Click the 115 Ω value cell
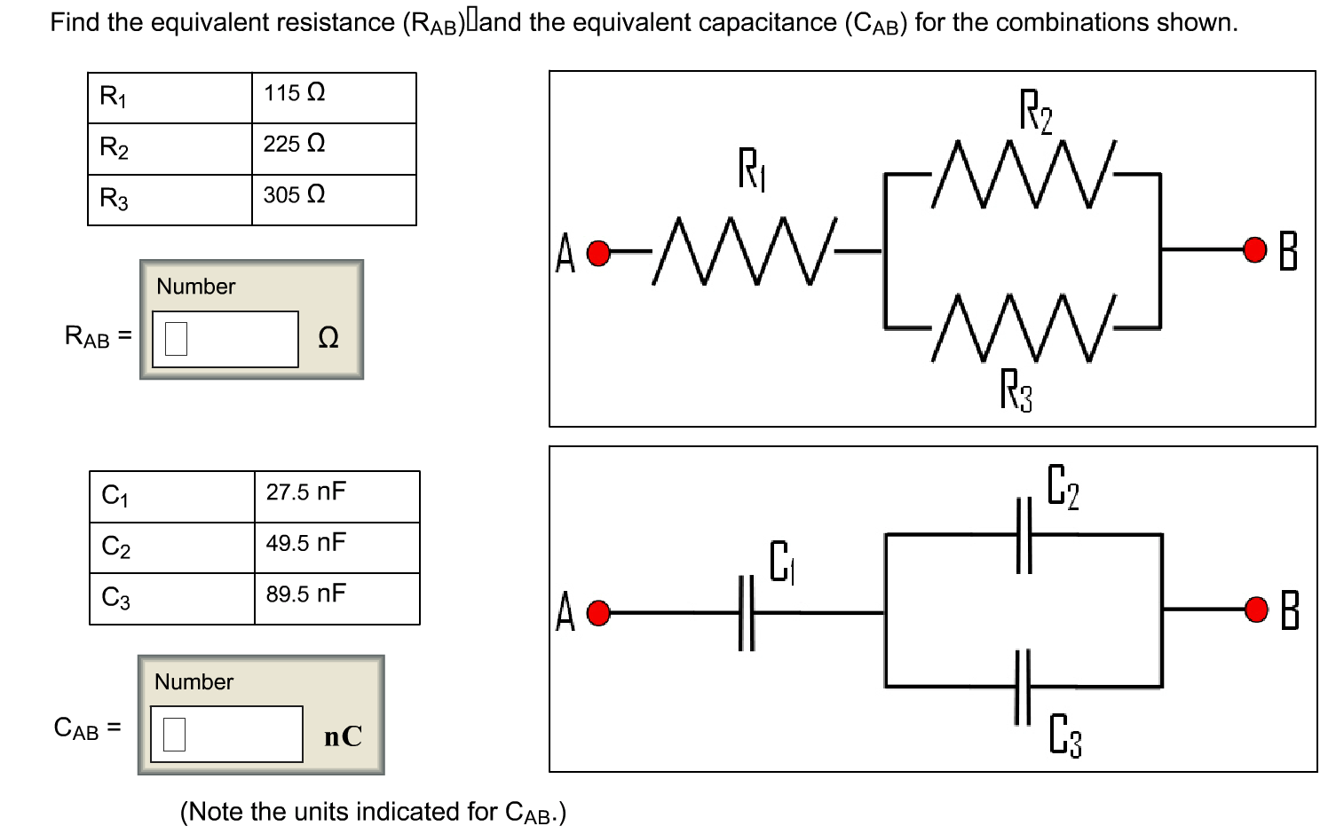tap(333, 98)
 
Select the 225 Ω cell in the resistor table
tap(333, 148)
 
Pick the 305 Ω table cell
tap(333, 200)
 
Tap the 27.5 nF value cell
tap(336, 496)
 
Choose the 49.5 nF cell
tap(336, 547)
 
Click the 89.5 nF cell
tap(336, 599)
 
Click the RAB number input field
tap(225, 338)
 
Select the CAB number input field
tap(226, 734)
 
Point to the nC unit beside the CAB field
tap(343, 736)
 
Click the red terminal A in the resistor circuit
tap(599, 254)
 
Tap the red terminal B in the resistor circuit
tap(1254, 250)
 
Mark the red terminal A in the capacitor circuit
tap(599, 613)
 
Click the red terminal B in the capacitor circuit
tap(1256, 610)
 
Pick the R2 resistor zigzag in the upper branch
tap(1024, 174)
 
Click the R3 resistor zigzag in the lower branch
tap(1024, 328)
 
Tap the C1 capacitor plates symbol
tap(746, 612)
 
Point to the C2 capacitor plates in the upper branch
tap(1024, 535)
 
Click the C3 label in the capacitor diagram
tap(1064, 735)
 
